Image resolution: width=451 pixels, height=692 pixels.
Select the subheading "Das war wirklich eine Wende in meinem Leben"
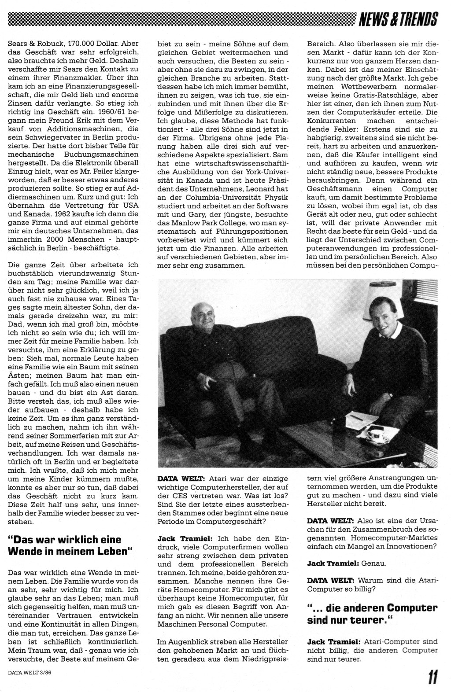(71, 545)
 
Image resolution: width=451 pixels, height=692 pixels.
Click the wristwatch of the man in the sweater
(390, 396)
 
